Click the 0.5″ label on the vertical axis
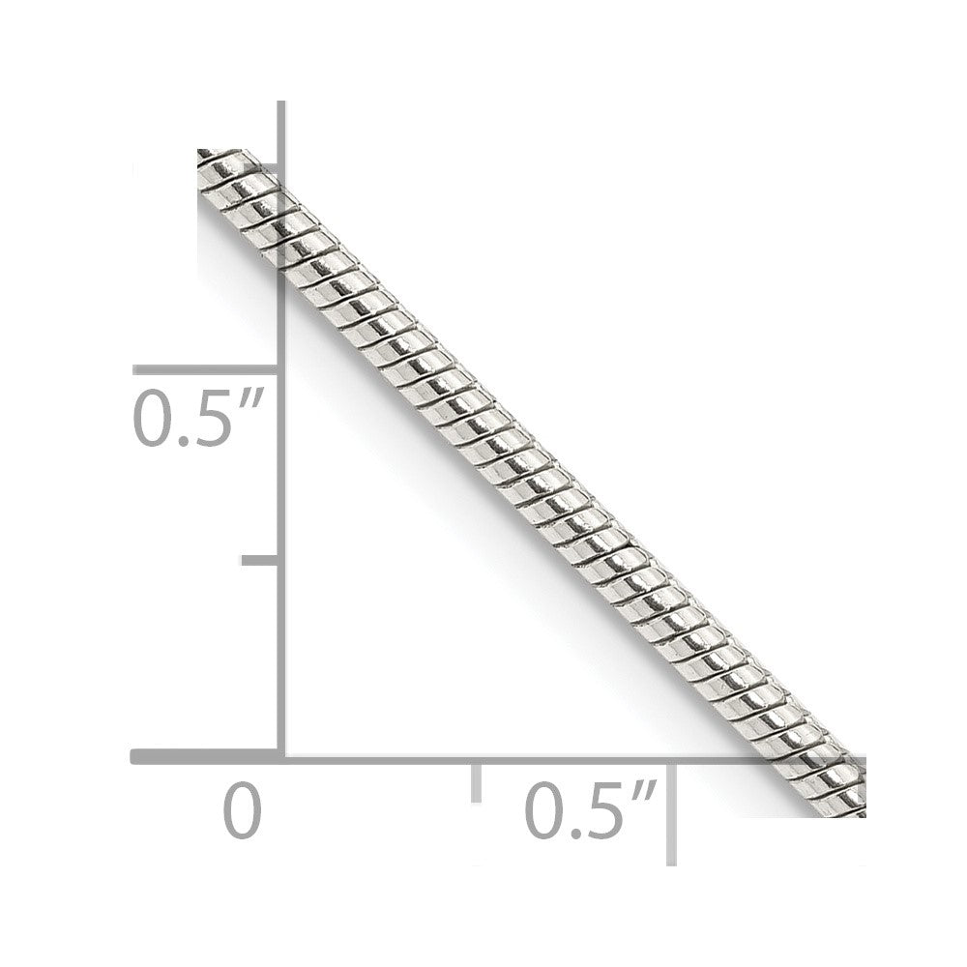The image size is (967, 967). (x=198, y=418)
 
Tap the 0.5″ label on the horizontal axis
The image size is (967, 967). (x=591, y=809)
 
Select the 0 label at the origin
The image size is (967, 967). (x=243, y=809)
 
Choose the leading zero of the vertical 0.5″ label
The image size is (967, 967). (x=153, y=418)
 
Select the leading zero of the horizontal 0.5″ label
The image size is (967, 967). (x=545, y=810)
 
